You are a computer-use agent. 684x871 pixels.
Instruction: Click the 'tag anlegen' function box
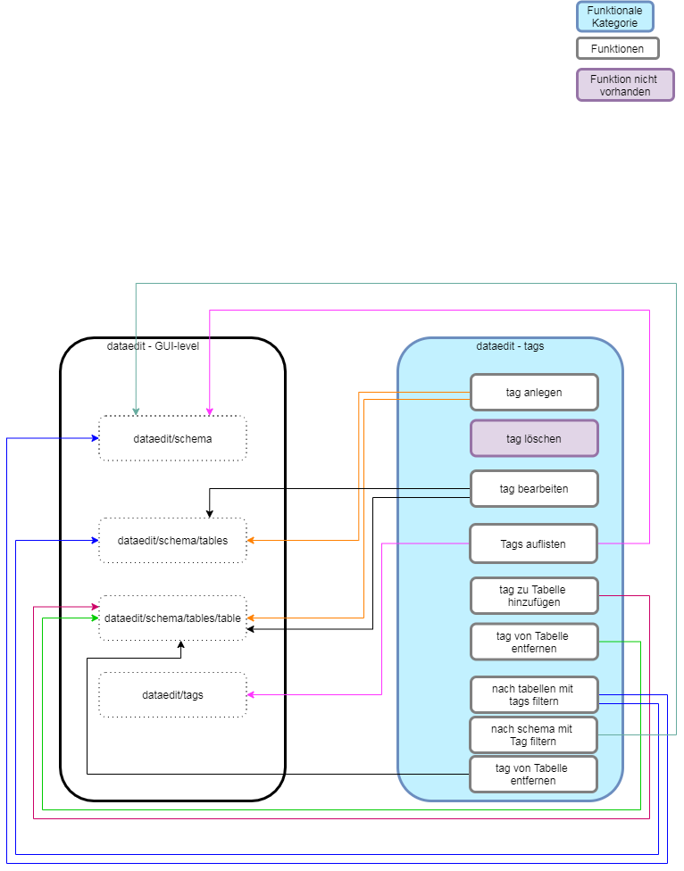pyautogui.click(x=534, y=392)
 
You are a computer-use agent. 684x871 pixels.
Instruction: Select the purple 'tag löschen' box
pyautogui.click(x=534, y=438)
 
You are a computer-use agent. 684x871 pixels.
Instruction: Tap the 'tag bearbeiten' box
pyautogui.click(x=534, y=489)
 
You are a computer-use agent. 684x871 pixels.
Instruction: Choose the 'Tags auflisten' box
pyautogui.click(x=534, y=543)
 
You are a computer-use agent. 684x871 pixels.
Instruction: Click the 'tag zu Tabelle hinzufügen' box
pyautogui.click(x=534, y=595)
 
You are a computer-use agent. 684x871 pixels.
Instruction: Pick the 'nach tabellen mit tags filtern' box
pyautogui.click(x=534, y=694)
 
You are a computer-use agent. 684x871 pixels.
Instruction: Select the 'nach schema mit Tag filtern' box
pyautogui.click(x=534, y=734)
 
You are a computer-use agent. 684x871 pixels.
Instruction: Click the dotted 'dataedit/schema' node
pyautogui.click(x=172, y=438)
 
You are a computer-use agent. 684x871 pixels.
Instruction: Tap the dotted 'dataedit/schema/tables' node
pyautogui.click(x=172, y=540)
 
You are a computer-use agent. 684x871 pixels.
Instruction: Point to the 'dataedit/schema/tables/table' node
pyautogui.click(x=172, y=618)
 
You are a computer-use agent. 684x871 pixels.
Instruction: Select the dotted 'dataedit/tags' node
pyautogui.click(x=172, y=694)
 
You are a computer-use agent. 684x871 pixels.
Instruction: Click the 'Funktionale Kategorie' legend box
pyautogui.click(x=614, y=16)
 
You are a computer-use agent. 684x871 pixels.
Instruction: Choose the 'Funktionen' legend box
pyautogui.click(x=617, y=48)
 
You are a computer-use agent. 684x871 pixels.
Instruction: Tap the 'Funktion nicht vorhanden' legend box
pyautogui.click(x=624, y=85)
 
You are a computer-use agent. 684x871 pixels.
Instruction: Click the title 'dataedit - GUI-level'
pyautogui.click(x=153, y=346)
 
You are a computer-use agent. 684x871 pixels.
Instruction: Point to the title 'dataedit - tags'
pyautogui.click(x=510, y=346)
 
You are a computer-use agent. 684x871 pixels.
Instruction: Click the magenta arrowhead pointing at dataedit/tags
pyautogui.click(x=252, y=694)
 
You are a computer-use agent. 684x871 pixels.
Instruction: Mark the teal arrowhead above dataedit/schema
pyautogui.click(x=136, y=411)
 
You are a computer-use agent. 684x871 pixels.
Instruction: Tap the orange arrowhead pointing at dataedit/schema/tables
pyautogui.click(x=252, y=540)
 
